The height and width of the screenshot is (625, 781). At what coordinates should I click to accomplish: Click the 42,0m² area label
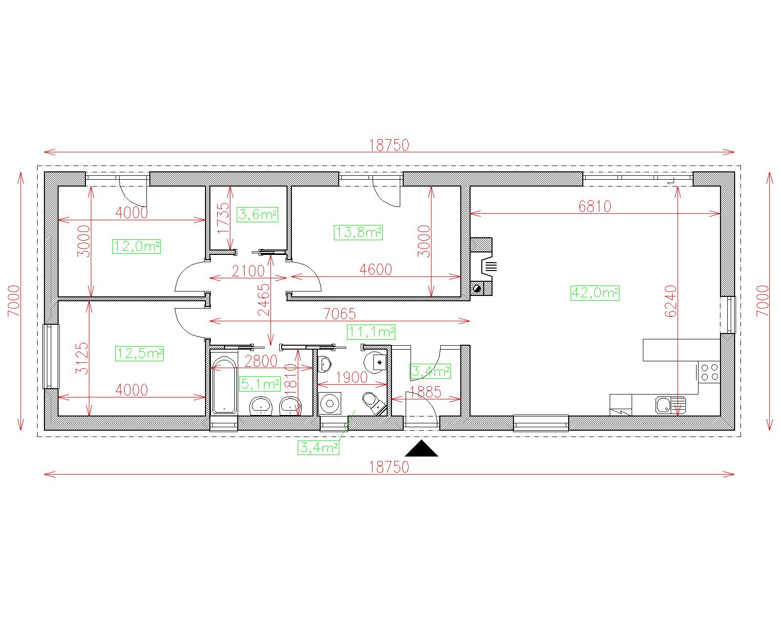pyautogui.click(x=595, y=293)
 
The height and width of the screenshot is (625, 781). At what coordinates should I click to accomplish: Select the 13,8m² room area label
pyautogui.click(x=358, y=232)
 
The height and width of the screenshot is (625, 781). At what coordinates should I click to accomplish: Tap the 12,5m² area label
pyautogui.click(x=140, y=354)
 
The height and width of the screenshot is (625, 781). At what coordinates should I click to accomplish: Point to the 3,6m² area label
pyautogui.click(x=257, y=215)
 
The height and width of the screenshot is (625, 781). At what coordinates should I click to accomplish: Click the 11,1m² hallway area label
pyautogui.click(x=371, y=332)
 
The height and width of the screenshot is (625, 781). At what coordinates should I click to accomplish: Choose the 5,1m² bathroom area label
pyautogui.click(x=260, y=384)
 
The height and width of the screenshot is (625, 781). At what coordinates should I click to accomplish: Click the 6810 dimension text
pyautogui.click(x=595, y=207)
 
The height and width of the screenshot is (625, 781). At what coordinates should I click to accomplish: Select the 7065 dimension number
pyautogui.click(x=339, y=314)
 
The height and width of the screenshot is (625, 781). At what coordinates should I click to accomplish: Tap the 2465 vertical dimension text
pyautogui.click(x=264, y=300)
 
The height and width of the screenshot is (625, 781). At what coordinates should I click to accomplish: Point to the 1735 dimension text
pyautogui.click(x=223, y=218)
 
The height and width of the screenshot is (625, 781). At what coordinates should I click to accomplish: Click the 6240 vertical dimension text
pyautogui.click(x=671, y=301)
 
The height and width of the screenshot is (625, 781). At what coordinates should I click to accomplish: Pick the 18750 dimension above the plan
pyautogui.click(x=389, y=146)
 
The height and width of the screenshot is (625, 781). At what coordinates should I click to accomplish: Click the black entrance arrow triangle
pyautogui.click(x=421, y=448)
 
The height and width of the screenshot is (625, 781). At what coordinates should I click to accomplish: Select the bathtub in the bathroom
pyautogui.click(x=224, y=385)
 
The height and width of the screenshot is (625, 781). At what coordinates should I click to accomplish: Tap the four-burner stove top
pyautogui.click(x=710, y=372)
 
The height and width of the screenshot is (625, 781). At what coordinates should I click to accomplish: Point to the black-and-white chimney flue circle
pyautogui.click(x=477, y=289)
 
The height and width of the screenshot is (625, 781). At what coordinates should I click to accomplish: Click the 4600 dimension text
pyautogui.click(x=376, y=270)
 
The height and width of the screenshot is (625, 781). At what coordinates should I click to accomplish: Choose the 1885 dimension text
pyautogui.click(x=425, y=392)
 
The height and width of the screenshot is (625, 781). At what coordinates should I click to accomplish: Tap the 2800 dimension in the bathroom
pyautogui.click(x=261, y=361)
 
